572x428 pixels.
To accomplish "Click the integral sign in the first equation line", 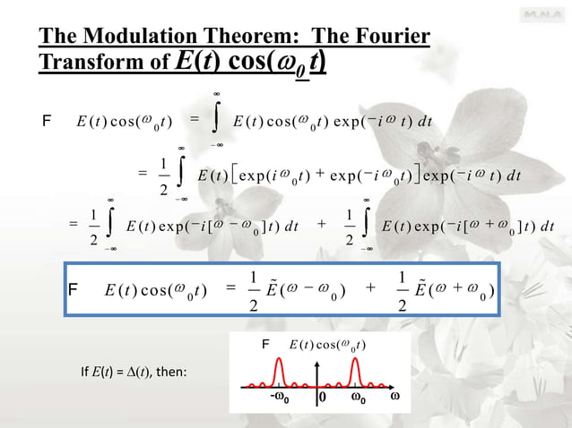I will (x=216, y=121).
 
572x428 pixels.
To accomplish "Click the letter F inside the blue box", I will (x=74, y=289).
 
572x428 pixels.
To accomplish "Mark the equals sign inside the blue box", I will (x=230, y=288).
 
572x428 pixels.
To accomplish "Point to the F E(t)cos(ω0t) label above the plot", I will (x=314, y=346).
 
